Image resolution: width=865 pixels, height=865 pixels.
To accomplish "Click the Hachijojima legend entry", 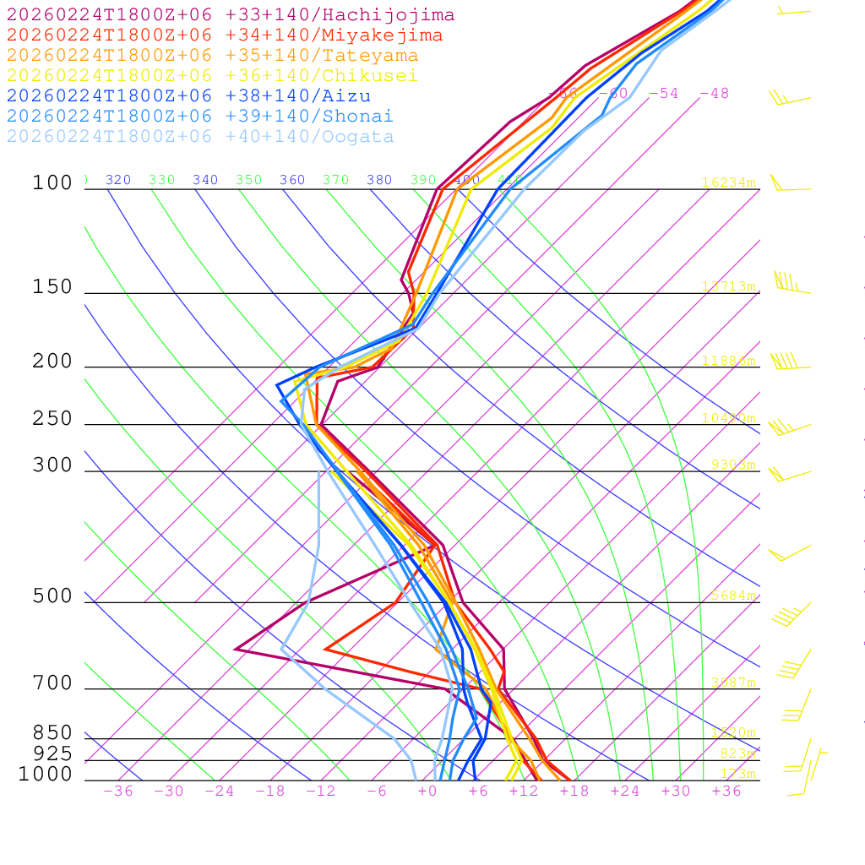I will pos(230,15).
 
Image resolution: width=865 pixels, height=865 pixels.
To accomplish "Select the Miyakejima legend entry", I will pos(224,35).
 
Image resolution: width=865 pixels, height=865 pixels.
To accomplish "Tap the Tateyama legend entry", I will pos(212,56).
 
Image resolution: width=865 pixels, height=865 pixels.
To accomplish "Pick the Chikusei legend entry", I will pos(212,76).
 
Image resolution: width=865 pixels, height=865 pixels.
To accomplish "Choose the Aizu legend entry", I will pos(188,96).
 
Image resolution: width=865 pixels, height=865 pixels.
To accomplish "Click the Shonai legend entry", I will pos(200,117).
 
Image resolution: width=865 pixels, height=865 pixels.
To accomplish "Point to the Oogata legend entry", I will pos(200,137).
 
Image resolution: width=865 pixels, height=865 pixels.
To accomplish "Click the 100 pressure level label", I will pos(52,182).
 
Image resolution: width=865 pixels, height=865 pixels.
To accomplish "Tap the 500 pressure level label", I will pos(52,596).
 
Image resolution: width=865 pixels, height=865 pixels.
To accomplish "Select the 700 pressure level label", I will pos(52,683).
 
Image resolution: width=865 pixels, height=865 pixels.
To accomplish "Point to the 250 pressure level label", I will pos(52,419).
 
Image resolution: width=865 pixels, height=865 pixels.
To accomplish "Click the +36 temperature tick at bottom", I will pos(726,792).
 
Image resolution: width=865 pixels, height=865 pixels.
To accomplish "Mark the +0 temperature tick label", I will pos(427,792).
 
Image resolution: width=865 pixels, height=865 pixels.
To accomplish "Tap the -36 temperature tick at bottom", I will pos(118,792).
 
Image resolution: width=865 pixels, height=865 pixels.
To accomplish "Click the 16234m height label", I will pos(729,182).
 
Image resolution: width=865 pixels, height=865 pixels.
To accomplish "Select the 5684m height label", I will pos(732,596).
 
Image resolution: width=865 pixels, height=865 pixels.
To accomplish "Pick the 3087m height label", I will pos(732,683).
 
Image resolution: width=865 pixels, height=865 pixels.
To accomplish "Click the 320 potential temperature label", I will pos(118,180).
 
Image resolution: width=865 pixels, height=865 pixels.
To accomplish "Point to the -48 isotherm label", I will pos(714,94).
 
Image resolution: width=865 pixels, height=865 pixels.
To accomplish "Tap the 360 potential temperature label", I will pos(292,180).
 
